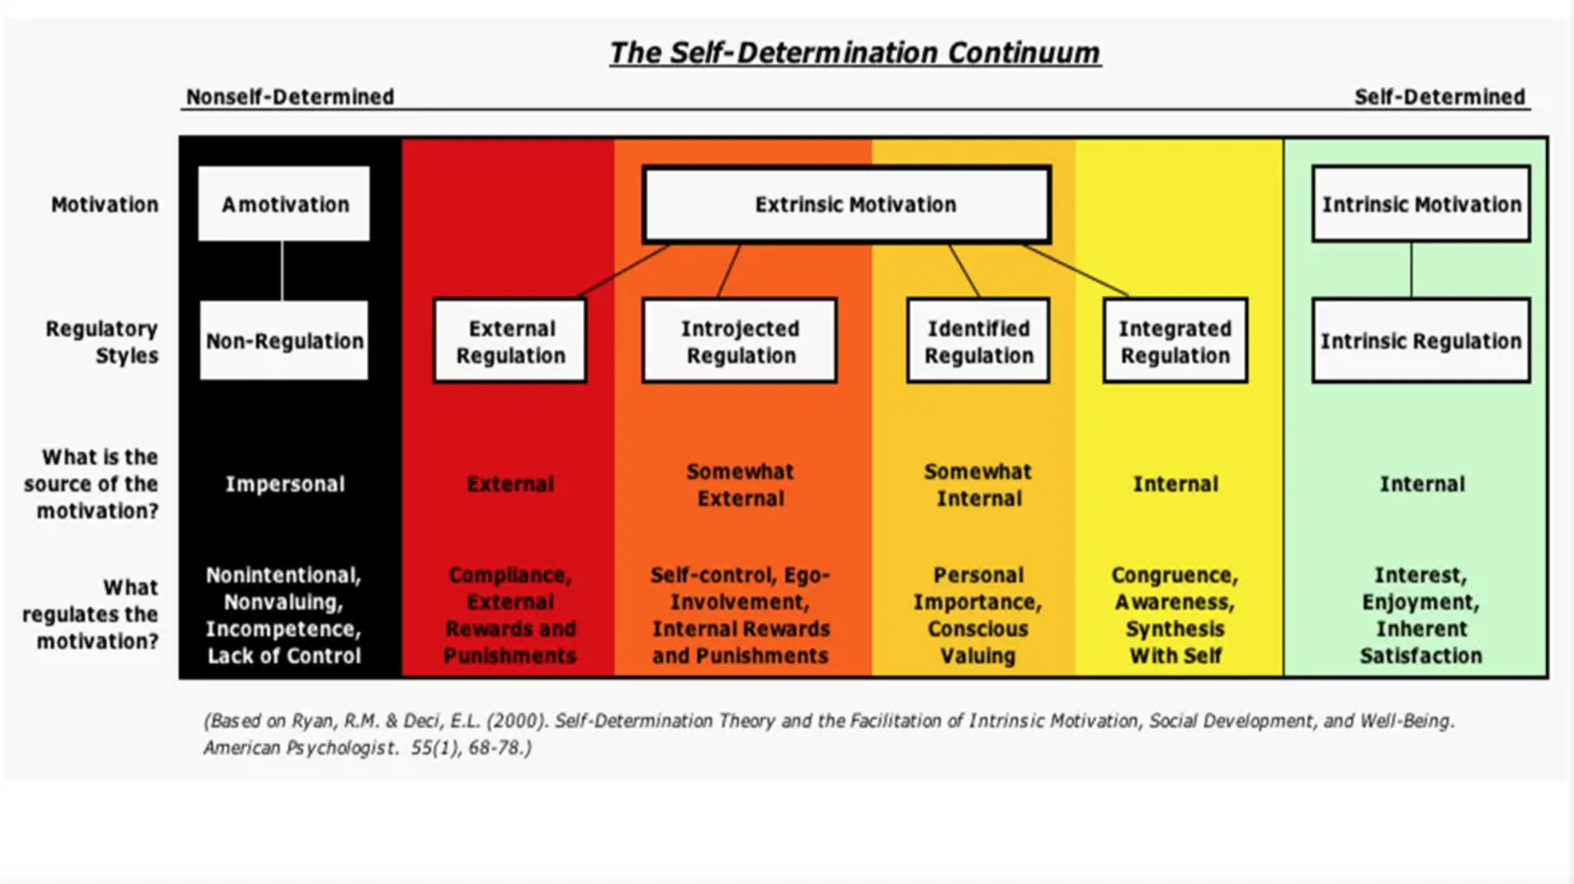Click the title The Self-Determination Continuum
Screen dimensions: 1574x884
(855, 53)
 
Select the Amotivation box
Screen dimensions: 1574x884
(284, 204)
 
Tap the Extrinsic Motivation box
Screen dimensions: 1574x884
(847, 204)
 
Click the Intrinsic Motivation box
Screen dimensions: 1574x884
(1421, 204)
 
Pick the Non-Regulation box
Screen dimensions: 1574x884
(284, 341)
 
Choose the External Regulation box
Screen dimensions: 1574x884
(511, 341)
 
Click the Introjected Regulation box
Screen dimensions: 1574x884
(740, 341)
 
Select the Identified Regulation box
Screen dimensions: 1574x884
(979, 341)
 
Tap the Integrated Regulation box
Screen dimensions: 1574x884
(1175, 341)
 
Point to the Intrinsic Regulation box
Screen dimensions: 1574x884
(1421, 341)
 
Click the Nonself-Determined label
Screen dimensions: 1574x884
(290, 97)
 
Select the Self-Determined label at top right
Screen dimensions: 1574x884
(1440, 97)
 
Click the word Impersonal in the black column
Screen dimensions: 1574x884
(285, 484)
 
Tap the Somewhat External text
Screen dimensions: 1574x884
(740, 485)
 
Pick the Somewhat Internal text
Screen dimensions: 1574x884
(979, 485)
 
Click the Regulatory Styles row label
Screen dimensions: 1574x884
(102, 342)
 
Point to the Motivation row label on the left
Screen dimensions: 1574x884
(105, 204)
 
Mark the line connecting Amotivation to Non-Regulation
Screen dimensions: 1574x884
(282, 270)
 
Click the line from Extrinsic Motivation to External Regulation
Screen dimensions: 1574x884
(624, 270)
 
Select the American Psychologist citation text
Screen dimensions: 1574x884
(367, 748)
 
